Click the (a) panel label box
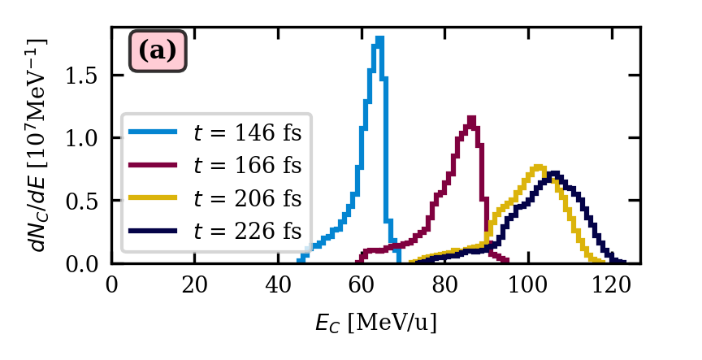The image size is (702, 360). (x=158, y=51)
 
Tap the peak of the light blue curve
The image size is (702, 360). (x=379, y=38)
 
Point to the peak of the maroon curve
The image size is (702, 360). (x=471, y=119)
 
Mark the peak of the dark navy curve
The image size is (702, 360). (x=554, y=173)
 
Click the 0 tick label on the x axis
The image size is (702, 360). (x=112, y=284)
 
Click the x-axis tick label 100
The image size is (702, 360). (x=527, y=284)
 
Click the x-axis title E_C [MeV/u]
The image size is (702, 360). (x=375, y=323)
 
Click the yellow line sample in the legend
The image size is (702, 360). (x=153, y=198)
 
